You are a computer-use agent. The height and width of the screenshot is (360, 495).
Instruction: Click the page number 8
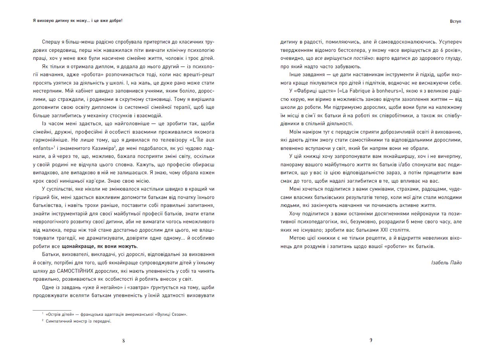click(124, 340)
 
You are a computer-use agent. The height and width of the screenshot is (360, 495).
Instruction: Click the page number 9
click(371, 340)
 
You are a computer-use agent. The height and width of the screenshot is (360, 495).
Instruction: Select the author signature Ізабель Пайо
click(446, 263)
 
